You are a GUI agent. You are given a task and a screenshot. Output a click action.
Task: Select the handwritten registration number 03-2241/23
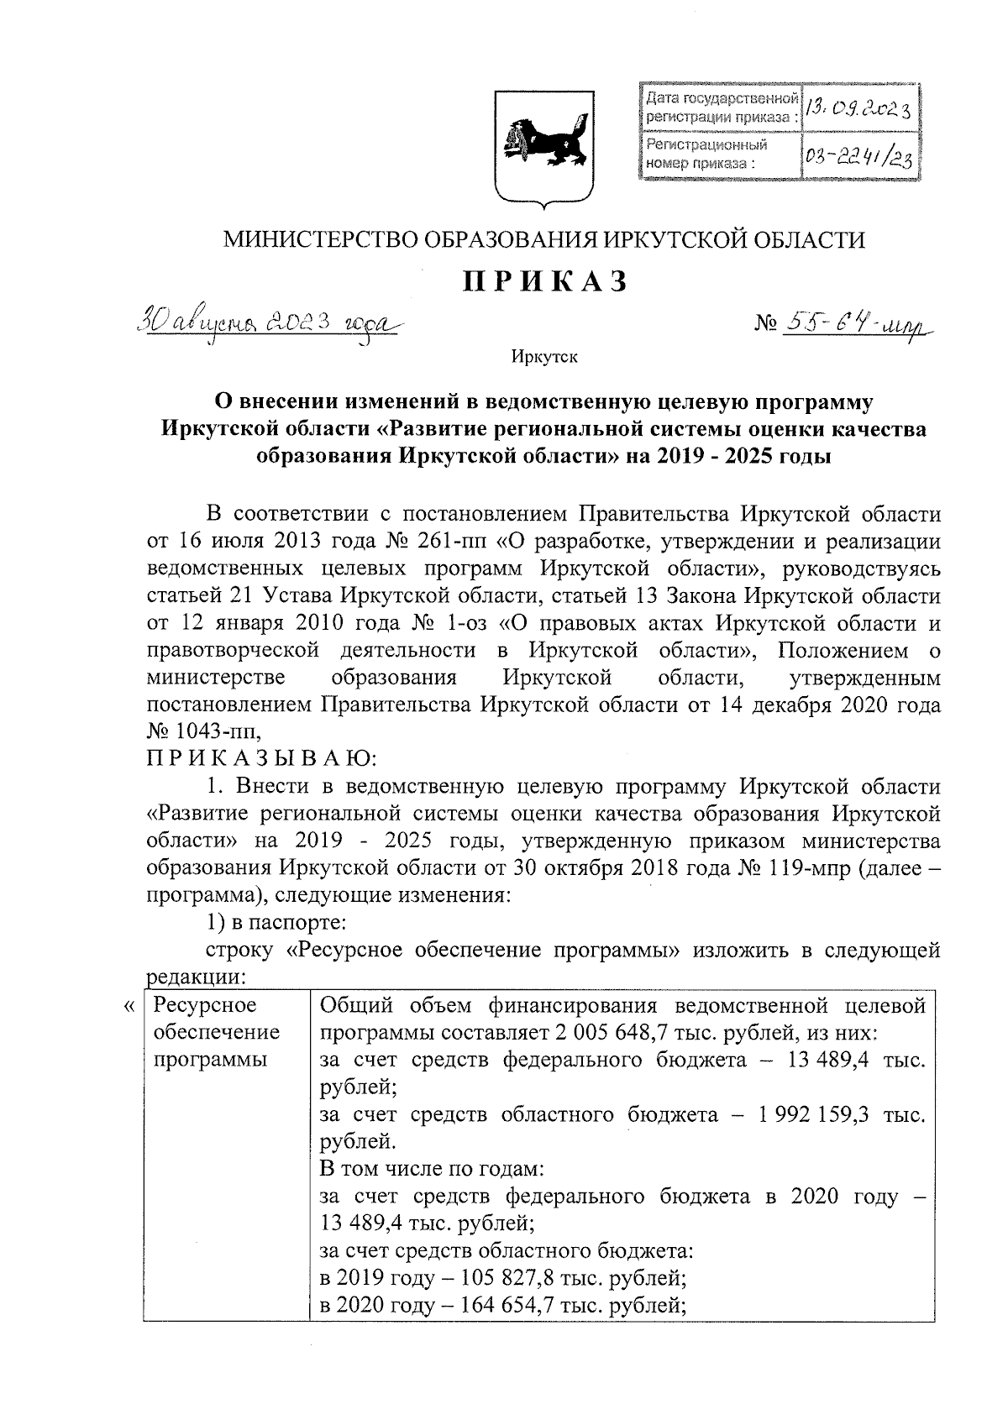tap(858, 157)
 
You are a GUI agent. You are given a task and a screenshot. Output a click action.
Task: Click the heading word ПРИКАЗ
tap(545, 281)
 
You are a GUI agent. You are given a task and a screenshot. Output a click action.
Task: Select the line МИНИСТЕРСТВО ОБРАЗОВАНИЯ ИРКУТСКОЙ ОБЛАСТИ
tap(543, 240)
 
